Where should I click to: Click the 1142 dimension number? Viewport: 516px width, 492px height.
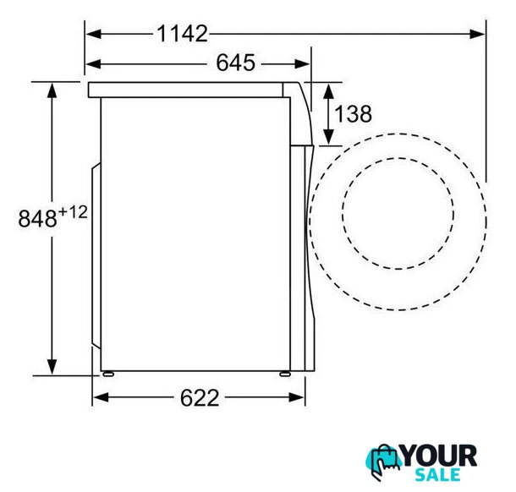point(183,34)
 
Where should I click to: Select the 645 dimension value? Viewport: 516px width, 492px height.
point(236,63)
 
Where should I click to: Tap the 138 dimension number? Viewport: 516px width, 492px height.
point(354,114)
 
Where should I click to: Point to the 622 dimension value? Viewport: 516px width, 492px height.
point(200,397)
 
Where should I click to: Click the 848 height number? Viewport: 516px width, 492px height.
point(37,218)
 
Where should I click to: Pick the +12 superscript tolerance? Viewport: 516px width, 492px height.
point(73,212)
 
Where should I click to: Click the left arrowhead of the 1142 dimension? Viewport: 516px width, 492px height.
point(93,34)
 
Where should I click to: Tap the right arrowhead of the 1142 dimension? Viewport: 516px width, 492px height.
point(477,34)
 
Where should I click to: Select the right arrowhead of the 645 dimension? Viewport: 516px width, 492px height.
point(302,63)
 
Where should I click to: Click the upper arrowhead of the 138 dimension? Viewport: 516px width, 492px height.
point(328,91)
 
